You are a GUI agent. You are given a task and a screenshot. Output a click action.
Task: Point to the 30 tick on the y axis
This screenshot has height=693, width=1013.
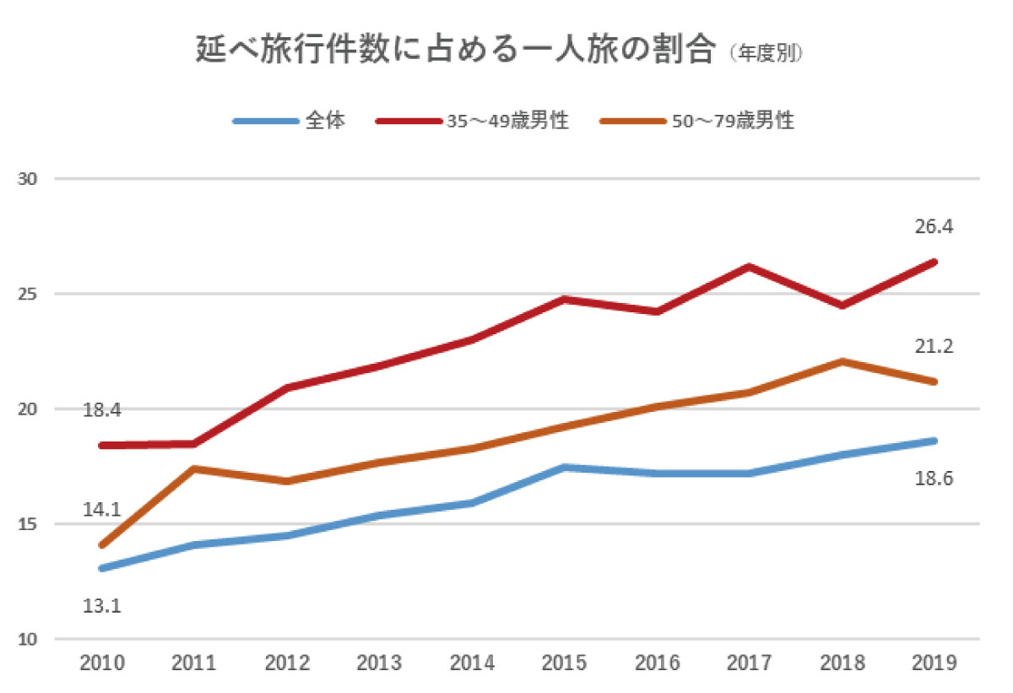click(28, 179)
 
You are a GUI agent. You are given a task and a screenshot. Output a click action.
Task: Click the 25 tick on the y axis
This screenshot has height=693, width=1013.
click(28, 295)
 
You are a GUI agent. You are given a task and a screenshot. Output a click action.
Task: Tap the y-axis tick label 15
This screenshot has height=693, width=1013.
click(28, 524)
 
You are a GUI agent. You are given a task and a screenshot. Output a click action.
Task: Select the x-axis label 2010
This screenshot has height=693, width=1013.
click(102, 663)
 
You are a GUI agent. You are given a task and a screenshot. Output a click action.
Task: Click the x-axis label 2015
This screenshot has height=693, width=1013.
click(564, 663)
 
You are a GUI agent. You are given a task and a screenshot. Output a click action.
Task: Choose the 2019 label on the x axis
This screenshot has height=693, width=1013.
click(934, 663)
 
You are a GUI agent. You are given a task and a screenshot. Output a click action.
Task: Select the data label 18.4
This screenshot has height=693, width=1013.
click(102, 411)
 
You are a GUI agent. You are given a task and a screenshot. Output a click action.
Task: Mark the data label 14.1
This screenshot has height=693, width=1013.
click(102, 510)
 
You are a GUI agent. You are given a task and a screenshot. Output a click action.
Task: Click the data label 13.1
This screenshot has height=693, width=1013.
click(102, 604)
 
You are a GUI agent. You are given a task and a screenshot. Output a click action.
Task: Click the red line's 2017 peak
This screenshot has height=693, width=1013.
click(749, 267)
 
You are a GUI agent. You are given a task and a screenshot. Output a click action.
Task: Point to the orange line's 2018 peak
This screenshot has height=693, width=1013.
click(842, 361)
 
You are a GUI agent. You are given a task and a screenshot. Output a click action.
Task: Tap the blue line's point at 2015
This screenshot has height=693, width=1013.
click(564, 467)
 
